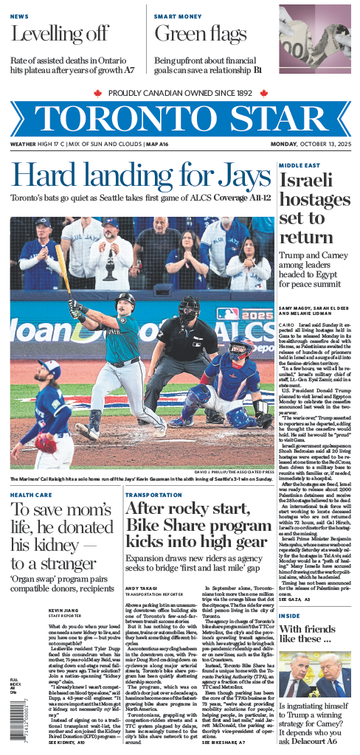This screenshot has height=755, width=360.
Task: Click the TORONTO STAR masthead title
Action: pyautogui.click(x=180, y=119)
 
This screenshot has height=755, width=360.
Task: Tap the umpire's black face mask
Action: pyautogui.click(x=189, y=309)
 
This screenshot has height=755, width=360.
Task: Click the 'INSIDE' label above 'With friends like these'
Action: pyautogui.click(x=290, y=615)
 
